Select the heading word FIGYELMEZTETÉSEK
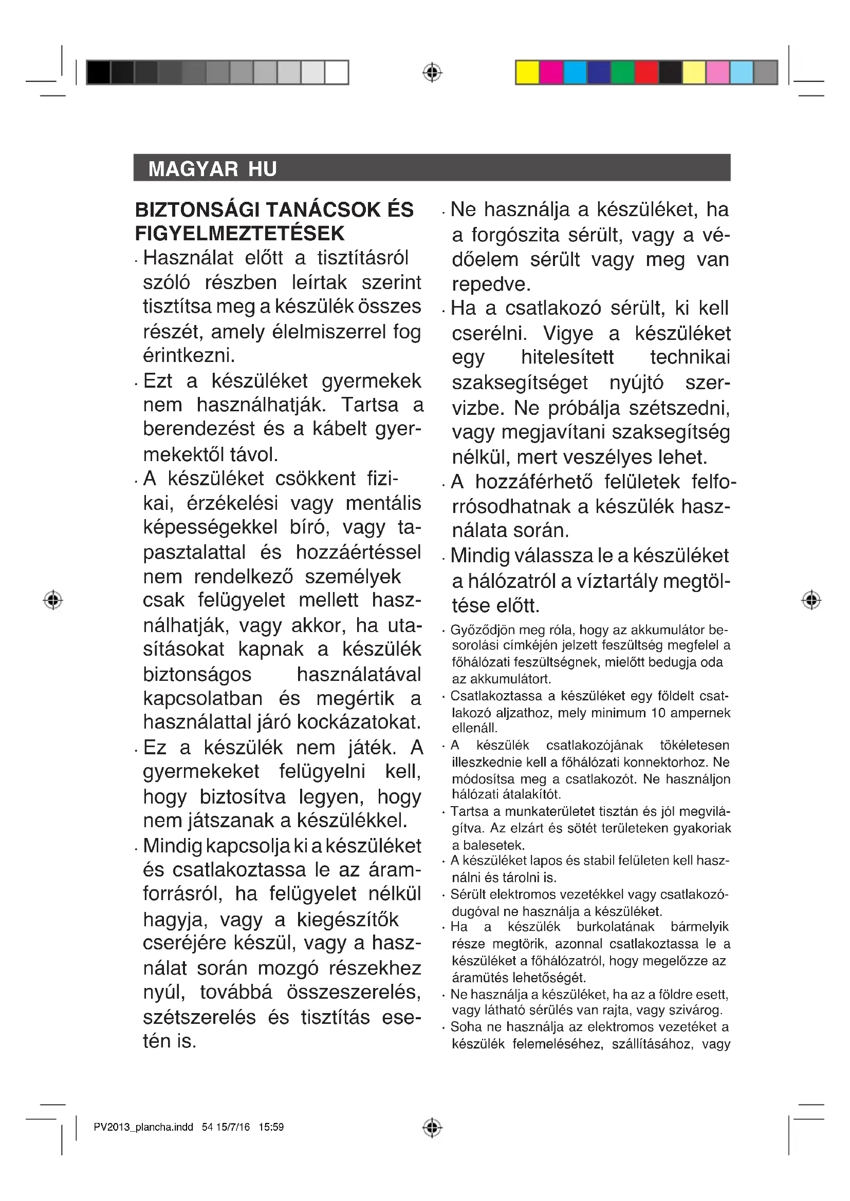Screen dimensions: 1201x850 pos(239,233)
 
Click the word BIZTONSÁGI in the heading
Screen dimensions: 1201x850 pos(197,210)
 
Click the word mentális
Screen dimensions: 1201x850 pos(383,503)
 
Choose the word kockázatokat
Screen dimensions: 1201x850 pos(352,722)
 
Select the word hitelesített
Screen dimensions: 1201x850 pos(567,357)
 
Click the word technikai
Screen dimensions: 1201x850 pos(690,357)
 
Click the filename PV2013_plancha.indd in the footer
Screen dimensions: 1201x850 pos(143,1127)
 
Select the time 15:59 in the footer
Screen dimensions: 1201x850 pos(271,1127)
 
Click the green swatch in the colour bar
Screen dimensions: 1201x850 pos(622,72)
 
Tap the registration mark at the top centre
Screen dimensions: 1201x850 pos(432,73)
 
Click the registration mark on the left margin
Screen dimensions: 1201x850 pos(53,599)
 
